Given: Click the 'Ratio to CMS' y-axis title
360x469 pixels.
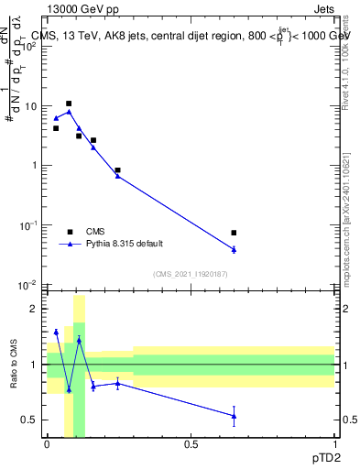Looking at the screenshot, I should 14,365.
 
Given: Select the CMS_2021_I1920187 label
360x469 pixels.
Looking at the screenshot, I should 191,274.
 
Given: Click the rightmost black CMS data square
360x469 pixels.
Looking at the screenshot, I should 235,233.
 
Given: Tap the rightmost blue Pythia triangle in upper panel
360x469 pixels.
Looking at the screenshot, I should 235,249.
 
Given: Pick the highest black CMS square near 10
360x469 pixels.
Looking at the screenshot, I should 69,104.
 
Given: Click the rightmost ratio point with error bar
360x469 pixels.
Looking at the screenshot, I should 235,416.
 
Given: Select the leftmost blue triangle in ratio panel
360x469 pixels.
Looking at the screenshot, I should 56,332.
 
